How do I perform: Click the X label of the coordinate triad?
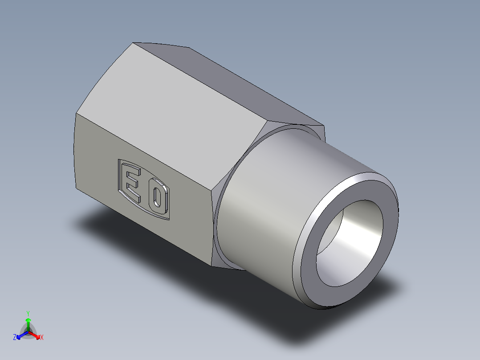[x=42, y=338]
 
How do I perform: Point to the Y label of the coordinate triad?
[x=28, y=313]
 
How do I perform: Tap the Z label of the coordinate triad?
[x=14, y=338]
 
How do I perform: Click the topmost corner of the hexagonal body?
[x=134, y=43]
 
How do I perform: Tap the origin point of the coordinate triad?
[x=28, y=332]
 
